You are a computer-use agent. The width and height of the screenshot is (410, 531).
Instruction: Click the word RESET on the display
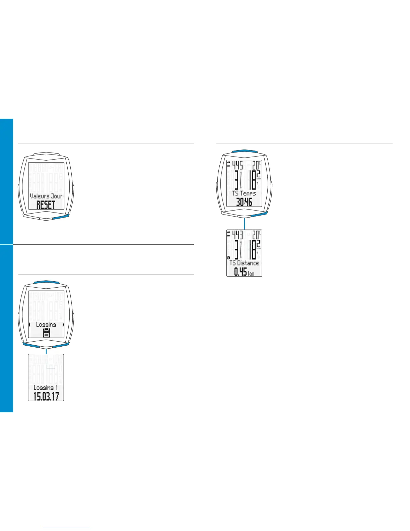coord(46,205)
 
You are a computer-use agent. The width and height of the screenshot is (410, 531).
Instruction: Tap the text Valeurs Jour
coord(46,196)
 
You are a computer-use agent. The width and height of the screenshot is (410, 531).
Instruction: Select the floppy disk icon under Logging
coord(46,333)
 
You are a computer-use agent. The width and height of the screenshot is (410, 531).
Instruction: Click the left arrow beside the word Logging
coord(29,324)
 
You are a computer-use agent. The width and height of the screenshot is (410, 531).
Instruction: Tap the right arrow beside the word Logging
coord(63,324)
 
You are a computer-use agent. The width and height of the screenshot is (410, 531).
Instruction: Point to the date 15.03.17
coord(46,396)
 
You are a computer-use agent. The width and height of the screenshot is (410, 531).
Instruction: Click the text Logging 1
coord(46,388)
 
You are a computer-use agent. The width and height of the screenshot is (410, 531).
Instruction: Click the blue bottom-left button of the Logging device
coord(31,344)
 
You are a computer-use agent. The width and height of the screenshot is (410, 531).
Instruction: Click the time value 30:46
coord(244,202)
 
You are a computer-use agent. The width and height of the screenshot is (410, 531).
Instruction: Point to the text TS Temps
coord(244,193)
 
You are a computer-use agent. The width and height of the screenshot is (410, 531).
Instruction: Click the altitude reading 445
coord(237,165)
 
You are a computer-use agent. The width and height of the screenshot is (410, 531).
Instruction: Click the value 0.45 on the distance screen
coord(240,272)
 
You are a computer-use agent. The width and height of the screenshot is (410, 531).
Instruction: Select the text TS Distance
coord(244,263)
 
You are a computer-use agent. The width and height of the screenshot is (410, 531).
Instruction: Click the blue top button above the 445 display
coord(245,151)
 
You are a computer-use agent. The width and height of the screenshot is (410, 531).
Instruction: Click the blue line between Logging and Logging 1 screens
coord(46,351)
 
